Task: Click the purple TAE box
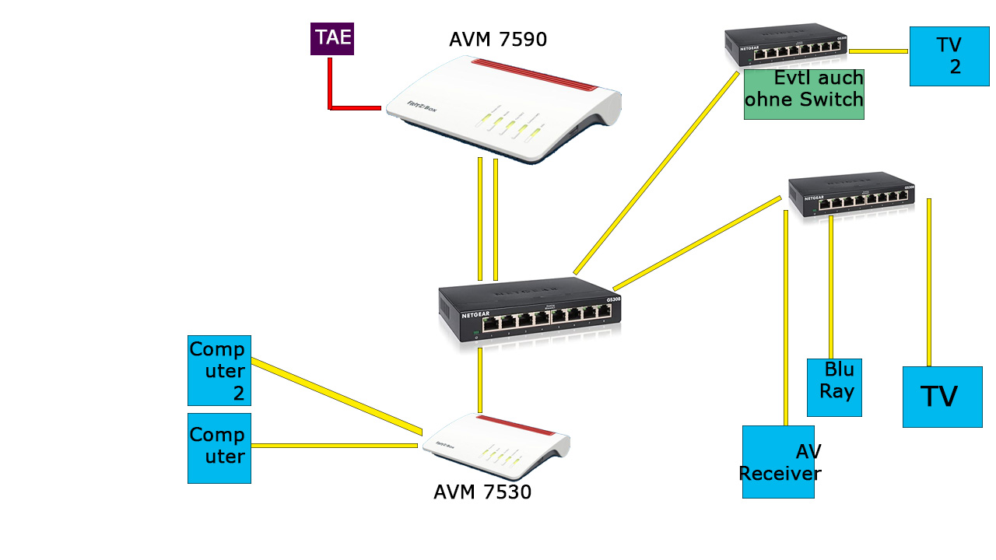(332, 39)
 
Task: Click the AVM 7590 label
(498, 40)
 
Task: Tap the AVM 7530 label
(482, 492)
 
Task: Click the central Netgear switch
(530, 311)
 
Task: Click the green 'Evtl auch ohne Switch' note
(804, 94)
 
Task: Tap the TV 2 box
(949, 56)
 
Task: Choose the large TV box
(942, 397)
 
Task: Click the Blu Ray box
(834, 387)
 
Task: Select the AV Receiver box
(778, 462)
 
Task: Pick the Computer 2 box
(219, 370)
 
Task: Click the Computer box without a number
(219, 448)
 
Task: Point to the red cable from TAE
(330, 86)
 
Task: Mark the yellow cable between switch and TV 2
(878, 51)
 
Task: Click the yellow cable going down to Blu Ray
(831, 288)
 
